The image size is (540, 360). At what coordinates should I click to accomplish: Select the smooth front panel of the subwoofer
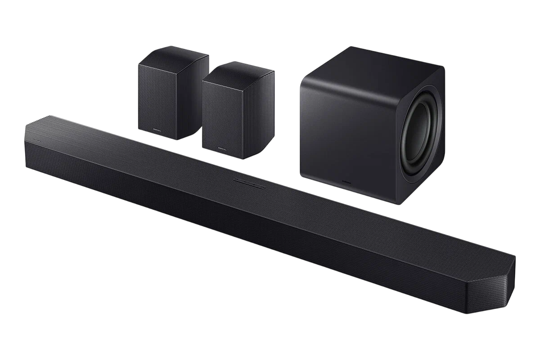(x=346, y=130)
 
